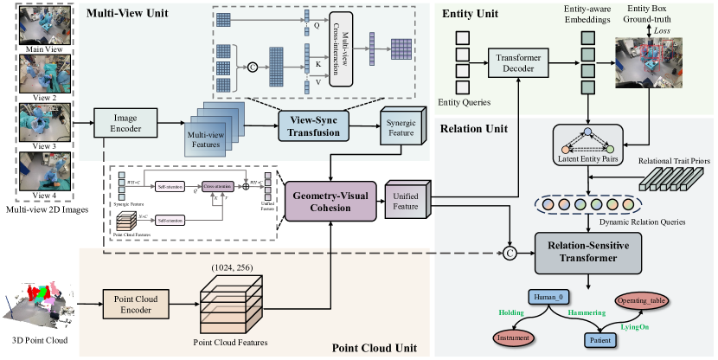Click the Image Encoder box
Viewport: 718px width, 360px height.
pyautogui.click(x=121, y=123)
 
